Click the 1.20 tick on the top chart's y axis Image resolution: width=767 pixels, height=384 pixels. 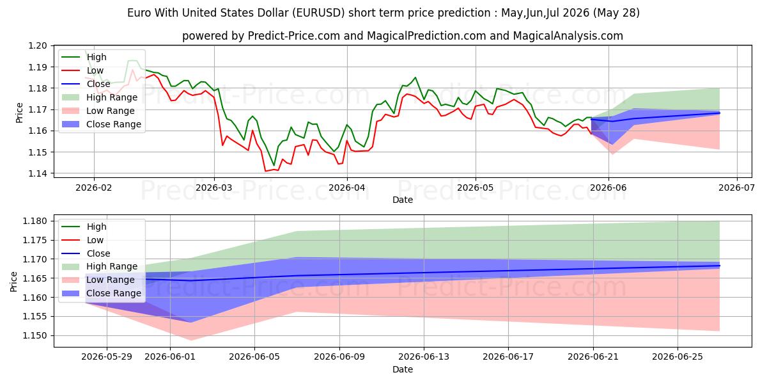pyautogui.click(x=37, y=46)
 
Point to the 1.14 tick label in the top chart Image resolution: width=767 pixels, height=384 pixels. pyautogui.click(x=37, y=174)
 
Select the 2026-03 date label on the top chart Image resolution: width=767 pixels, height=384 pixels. pyautogui.click(x=214, y=188)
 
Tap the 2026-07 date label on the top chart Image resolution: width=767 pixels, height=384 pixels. pyautogui.click(x=736, y=188)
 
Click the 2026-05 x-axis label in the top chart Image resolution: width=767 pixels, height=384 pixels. pyautogui.click(x=476, y=188)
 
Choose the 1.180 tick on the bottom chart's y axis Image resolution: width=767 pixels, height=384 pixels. pyautogui.click(x=35, y=221)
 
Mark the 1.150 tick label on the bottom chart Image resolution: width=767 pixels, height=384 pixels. pyautogui.click(x=35, y=335)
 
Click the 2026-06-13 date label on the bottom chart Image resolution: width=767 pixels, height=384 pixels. pyautogui.click(x=424, y=357)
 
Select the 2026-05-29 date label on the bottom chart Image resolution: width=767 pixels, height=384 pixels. pyautogui.click(x=107, y=357)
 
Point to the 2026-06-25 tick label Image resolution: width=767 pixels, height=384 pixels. pyautogui.click(x=678, y=357)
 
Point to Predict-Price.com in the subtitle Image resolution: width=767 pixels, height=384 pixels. pyautogui.click(x=294, y=36)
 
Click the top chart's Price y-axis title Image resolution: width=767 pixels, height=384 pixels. pyautogui.click(x=20, y=113)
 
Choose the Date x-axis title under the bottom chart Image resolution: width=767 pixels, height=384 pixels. pyautogui.click(x=402, y=370)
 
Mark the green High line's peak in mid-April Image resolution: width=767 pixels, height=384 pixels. pyautogui.click(x=415, y=77)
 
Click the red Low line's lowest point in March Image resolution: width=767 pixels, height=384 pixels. pyautogui.click(x=265, y=171)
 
